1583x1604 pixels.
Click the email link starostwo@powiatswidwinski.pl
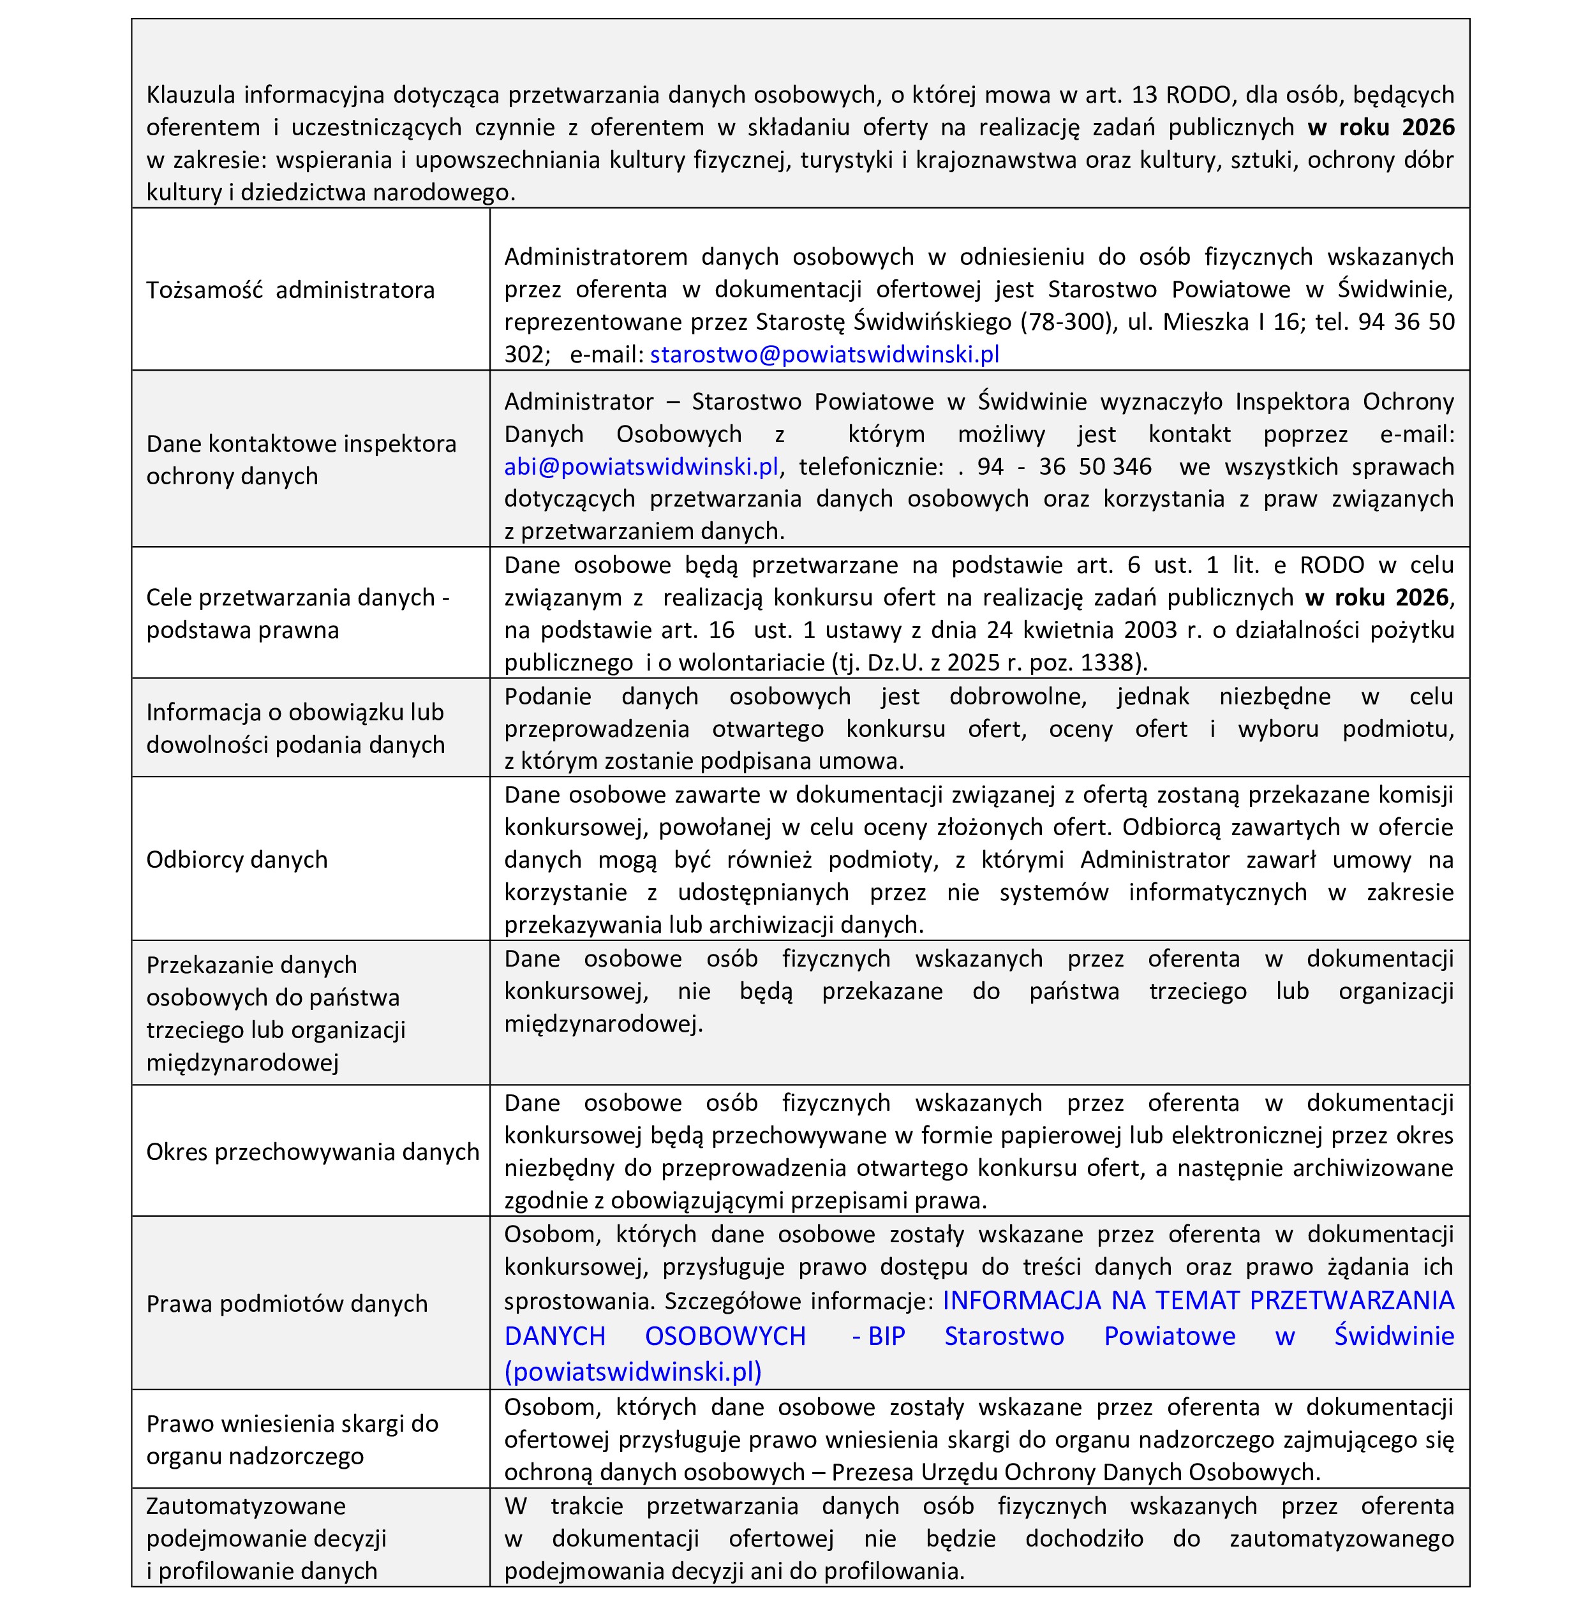click(824, 355)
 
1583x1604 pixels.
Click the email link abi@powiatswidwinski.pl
click(641, 466)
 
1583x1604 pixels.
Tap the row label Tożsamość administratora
click(290, 290)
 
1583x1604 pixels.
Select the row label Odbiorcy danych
click(237, 859)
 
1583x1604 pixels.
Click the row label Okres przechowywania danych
click(312, 1152)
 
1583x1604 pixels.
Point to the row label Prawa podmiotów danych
click(286, 1303)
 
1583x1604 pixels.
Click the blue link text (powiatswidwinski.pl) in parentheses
click(632, 1372)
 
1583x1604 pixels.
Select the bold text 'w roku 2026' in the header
click(1381, 127)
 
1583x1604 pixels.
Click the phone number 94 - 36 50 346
click(1064, 466)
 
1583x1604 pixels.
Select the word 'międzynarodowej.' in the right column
click(604, 1023)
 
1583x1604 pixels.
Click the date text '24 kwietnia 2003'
click(1089, 630)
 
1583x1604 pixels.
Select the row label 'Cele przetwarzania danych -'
click(297, 598)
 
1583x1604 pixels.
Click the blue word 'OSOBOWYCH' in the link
click(725, 1336)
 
